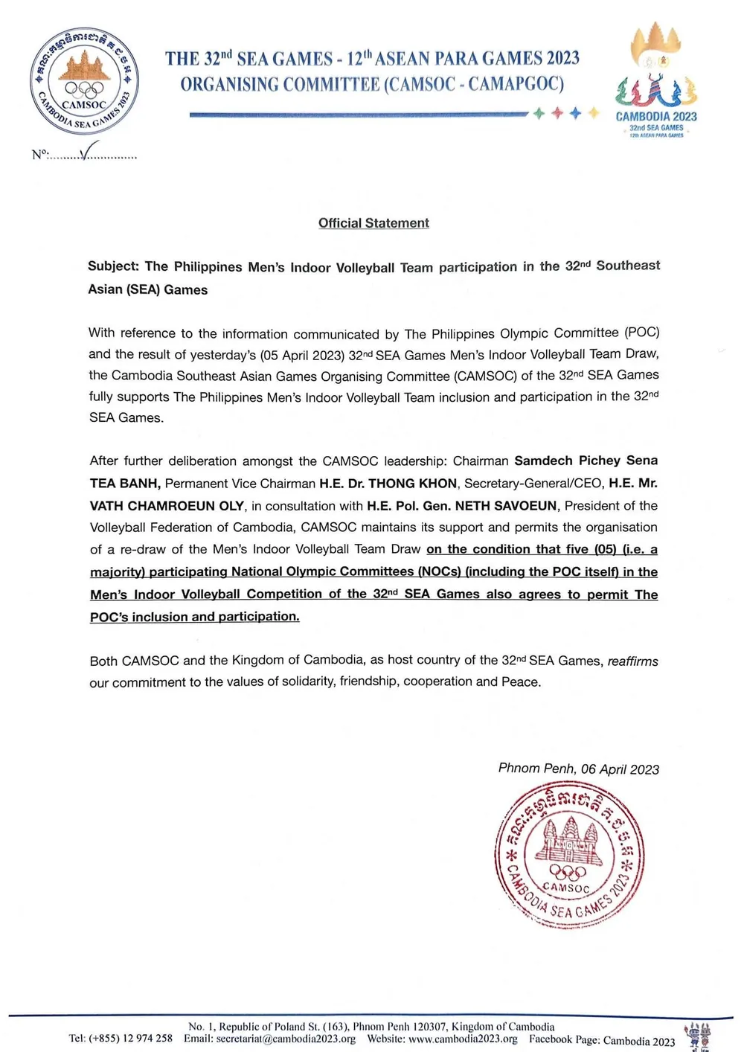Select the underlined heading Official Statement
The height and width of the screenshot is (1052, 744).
[373, 223]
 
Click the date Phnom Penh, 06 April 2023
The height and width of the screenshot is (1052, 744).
[578, 769]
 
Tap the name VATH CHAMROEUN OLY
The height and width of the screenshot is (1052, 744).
[167, 506]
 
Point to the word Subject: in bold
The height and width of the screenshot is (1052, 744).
[113, 266]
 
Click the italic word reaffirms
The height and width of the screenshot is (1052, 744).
[632, 661]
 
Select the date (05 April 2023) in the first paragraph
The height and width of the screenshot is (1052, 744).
[302, 355]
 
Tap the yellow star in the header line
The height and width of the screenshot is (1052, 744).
[593, 113]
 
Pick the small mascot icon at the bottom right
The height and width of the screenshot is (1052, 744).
[699, 1035]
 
